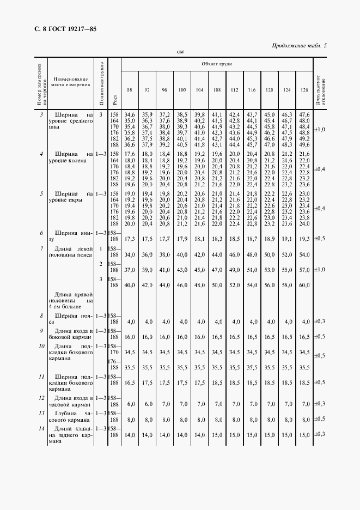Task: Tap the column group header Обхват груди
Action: [x=217, y=64]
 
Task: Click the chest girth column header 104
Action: [x=199, y=89]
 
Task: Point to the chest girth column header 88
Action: [x=130, y=89]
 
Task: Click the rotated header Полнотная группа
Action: [x=100, y=82]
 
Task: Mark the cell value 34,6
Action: [x=130, y=114]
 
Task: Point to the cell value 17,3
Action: [x=130, y=239]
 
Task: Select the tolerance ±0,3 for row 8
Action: [x=321, y=321]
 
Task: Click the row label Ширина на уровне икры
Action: [x=71, y=197]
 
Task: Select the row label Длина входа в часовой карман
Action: [x=71, y=402]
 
